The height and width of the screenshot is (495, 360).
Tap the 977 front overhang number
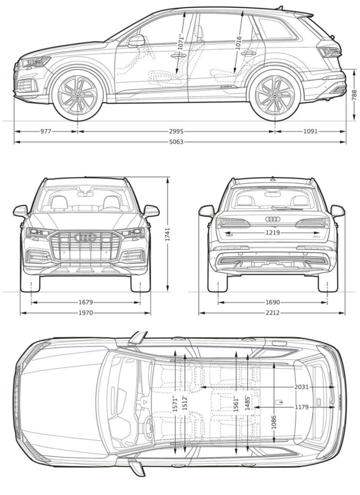(x=45, y=131)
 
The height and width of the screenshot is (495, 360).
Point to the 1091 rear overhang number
(x=312, y=131)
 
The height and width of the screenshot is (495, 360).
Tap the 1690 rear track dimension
(x=273, y=302)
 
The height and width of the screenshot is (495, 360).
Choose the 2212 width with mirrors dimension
(x=273, y=313)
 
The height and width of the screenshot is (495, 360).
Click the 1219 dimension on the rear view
(x=273, y=233)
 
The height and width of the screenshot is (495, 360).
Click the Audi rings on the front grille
(x=85, y=238)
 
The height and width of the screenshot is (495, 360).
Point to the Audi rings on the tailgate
(x=273, y=219)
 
